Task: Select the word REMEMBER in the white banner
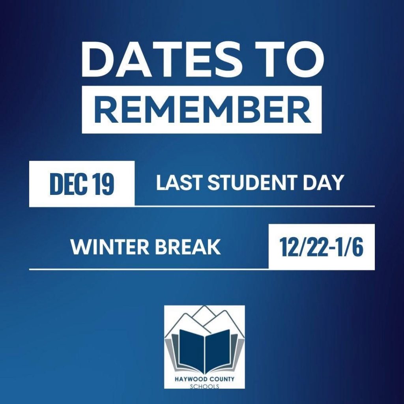(x=202, y=110)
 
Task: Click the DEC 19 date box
(x=82, y=184)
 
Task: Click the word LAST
(x=180, y=183)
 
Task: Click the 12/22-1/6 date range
(x=322, y=247)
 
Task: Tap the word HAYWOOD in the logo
(x=190, y=379)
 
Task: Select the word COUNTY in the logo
(x=221, y=379)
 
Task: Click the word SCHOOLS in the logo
(x=205, y=386)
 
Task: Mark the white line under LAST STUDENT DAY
(x=254, y=206)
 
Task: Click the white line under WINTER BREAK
(x=149, y=269)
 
